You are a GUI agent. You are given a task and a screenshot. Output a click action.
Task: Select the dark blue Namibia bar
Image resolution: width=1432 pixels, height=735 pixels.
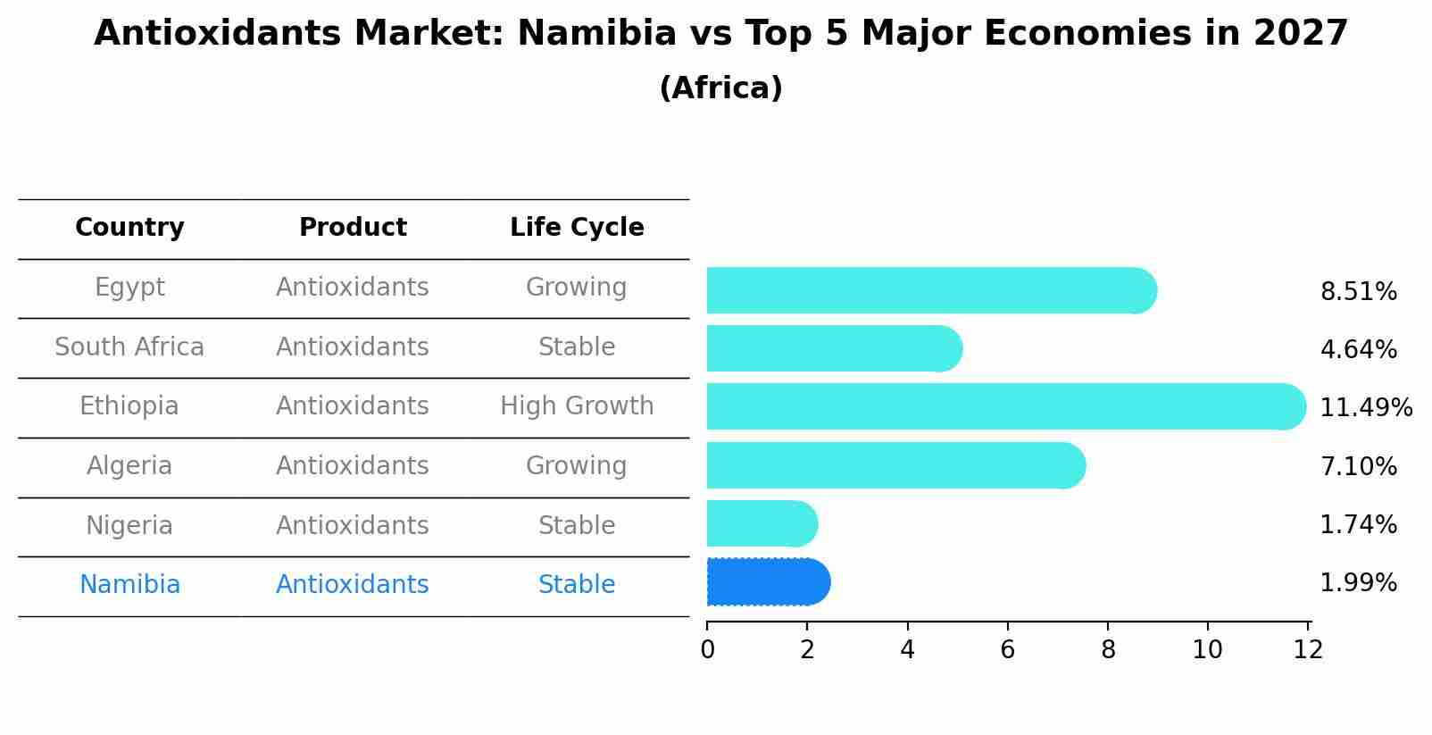tap(768, 582)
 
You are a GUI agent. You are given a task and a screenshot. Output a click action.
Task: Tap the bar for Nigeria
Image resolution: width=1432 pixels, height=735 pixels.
tap(761, 523)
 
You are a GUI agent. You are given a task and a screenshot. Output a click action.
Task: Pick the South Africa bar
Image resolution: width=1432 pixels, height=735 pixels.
tap(833, 348)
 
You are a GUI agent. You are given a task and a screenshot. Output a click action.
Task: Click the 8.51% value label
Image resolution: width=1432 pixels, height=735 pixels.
tap(1358, 292)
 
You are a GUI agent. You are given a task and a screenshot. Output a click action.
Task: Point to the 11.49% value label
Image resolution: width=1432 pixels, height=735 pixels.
tap(1365, 408)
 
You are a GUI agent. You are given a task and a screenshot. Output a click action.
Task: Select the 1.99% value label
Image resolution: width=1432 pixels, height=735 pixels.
tap(1358, 583)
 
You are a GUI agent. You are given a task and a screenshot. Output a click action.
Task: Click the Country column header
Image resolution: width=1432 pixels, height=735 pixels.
tap(129, 228)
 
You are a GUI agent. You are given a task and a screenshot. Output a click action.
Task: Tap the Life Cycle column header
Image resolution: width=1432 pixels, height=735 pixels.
tap(577, 228)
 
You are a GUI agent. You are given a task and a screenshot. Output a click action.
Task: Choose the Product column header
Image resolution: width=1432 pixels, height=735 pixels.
tap(353, 228)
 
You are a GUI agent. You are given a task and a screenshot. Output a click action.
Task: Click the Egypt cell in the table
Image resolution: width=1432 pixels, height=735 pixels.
tap(129, 288)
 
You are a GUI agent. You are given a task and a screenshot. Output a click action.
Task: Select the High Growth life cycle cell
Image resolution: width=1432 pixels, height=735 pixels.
tap(577, 406)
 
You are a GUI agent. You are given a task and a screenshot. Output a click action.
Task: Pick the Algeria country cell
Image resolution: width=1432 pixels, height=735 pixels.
tap(129, 466)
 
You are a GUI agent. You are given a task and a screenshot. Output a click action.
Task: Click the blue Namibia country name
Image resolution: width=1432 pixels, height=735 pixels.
tap(129, 585)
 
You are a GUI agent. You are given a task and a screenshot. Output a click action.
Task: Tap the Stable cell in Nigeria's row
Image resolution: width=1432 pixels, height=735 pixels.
tap(577, 525)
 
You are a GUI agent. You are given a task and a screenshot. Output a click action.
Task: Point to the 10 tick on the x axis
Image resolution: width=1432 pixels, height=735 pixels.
tap(1207, 650)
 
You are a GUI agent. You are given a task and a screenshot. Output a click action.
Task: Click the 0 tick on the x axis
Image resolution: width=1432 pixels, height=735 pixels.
tap(707, 650)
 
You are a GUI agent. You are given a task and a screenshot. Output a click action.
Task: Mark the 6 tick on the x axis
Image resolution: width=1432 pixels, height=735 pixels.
tap(1007, 650)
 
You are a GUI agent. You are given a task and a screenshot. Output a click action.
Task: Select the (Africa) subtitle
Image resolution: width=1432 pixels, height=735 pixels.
tap(720, 88)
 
